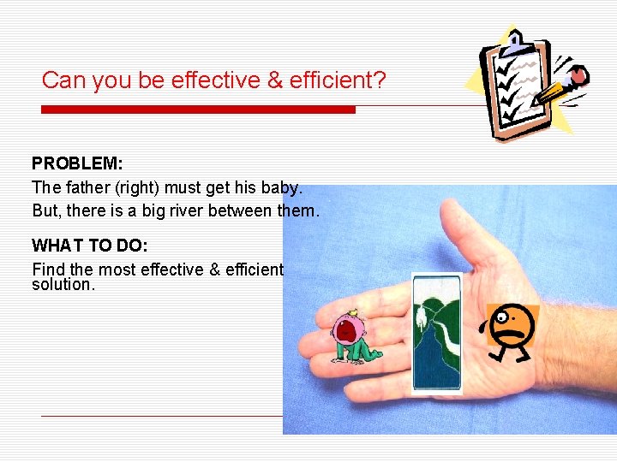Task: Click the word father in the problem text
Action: click(x=87, y=187)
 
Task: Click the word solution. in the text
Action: click(x=63, y=285)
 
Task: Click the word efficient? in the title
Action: click(x=338, y=81)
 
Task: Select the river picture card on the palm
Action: click(x=436, y=332)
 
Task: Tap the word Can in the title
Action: click(x=61, y=81)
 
